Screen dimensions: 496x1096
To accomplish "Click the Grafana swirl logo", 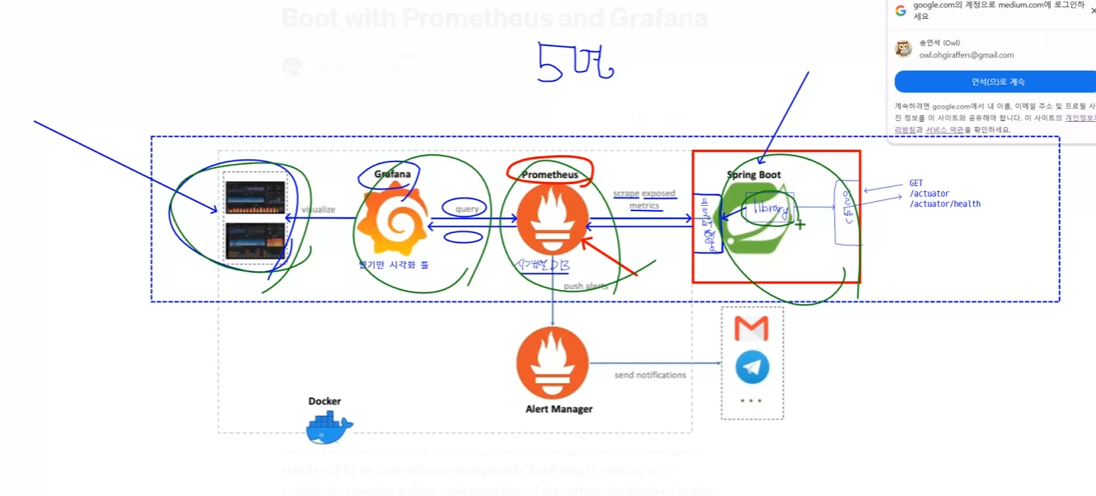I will (x=393, y=220).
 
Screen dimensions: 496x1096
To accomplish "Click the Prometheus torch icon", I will (x=552, y=219).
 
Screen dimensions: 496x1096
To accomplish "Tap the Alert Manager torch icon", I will (x=552, y=363).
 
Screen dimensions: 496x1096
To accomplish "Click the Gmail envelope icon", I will (x=752, y=328).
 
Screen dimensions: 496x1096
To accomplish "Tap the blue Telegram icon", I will (x=752, y=367).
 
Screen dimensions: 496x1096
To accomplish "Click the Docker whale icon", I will (x=329, y=428).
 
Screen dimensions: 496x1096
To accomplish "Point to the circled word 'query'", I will (x=466, y=209).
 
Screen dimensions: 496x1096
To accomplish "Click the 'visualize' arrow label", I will (x=318, y=209).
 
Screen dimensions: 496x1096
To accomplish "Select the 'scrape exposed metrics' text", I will (x=644, y=199).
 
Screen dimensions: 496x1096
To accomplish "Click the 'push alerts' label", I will (x=585, y=286).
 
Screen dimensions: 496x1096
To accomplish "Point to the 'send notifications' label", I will (x=649, y=375).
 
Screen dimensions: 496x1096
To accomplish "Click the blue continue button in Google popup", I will (x=995, y=82).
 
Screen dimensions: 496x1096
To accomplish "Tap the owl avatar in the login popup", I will (x=903, y=49).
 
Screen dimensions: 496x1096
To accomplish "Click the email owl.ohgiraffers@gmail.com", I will (x=967, y=55).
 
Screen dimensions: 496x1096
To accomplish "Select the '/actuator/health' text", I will (x=944, y=204).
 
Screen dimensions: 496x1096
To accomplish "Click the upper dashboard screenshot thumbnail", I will (x=255, y=198).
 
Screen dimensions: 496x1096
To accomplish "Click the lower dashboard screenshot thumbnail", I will (x=255, y=241).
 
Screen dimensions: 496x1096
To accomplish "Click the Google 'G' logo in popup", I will (x=901, y=11).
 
